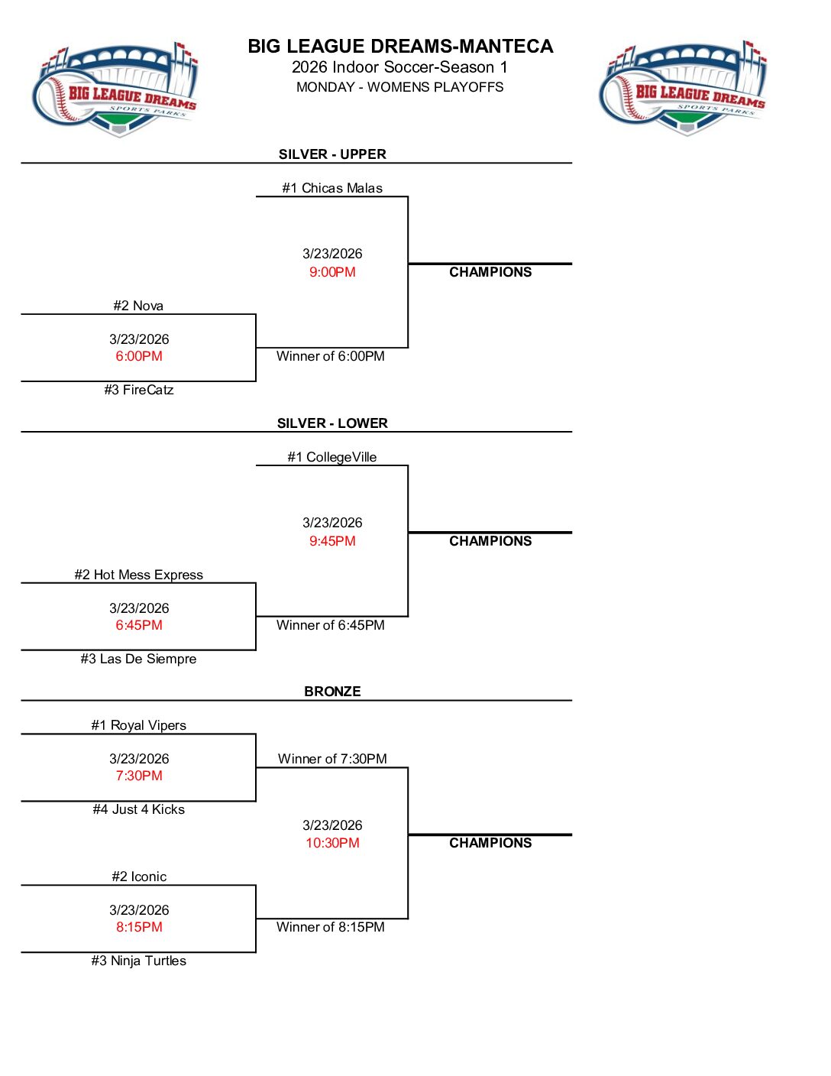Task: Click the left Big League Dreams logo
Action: [115, 90]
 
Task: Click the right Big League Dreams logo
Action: [683, 89]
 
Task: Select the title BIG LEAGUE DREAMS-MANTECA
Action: [400, 47]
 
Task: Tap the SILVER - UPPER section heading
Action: [332, 154]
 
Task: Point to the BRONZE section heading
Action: [332, 692]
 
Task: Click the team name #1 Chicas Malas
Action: [332, 188]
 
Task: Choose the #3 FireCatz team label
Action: [139, 390]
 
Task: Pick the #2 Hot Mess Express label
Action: [139, 575]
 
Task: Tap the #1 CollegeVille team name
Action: [332, 457]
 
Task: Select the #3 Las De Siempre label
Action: [139, 659]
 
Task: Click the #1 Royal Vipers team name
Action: [139, 725]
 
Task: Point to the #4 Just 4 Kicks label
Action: [139, 809]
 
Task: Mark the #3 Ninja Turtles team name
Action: [139, 961]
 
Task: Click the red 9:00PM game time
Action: [332, 272]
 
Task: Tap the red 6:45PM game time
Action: [139, 625]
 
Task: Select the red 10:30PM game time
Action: [332, 843]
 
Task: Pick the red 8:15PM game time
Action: [139, 927]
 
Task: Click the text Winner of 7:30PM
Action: [332, 759]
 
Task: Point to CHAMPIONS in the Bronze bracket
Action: [490, 843]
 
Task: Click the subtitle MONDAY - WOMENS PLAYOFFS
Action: [400, 87]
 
